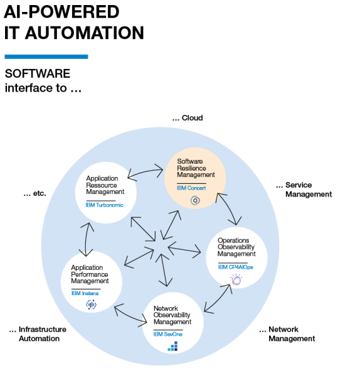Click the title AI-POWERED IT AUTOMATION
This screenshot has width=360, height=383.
pos(74,22)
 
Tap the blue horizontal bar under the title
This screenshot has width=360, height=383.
pos(46,57)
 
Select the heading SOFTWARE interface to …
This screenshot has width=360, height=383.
pos(44,81)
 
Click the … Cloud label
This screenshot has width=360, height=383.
pos(188,118)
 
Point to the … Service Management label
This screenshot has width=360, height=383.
pos(304,190)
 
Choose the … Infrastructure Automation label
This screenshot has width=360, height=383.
pos(38,334)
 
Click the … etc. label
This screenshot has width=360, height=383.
pos(35,193)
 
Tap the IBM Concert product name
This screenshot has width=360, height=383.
pos(192,188)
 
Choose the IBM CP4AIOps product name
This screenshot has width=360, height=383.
pos(234,267)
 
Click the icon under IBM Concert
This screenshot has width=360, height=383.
pos(195,201)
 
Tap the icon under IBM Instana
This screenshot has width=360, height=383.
pos(91,305)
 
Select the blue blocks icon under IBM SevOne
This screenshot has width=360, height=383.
pos(172,346)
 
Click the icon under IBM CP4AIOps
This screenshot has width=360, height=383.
pos(236,279)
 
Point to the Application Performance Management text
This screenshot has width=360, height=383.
pos(90,274)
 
